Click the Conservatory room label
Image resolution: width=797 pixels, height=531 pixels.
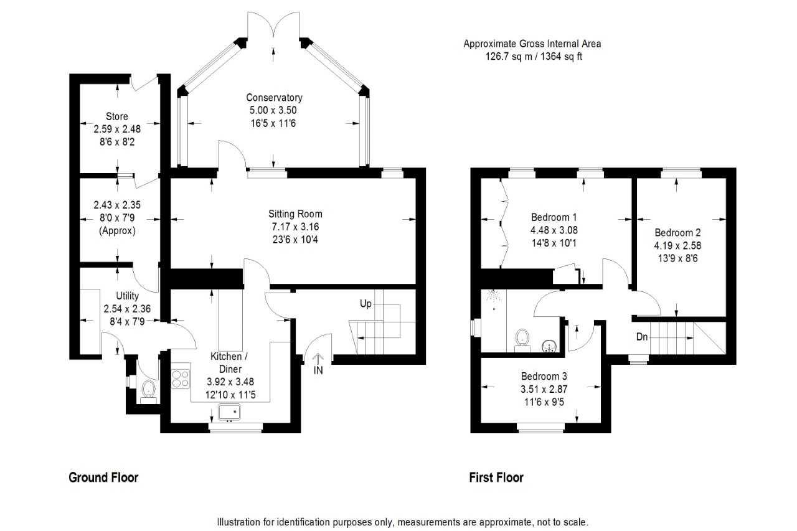click(x=274, y=98)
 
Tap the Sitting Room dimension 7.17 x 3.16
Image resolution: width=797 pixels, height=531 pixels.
click(x=295, y=227)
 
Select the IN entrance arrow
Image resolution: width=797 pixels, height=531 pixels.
click(x=318, y=358)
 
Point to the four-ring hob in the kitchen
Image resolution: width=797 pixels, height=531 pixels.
click(x=181, y=379)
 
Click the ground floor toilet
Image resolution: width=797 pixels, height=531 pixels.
click(x=148, y=392)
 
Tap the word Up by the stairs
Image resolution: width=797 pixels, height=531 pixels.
click(x=365, y=304)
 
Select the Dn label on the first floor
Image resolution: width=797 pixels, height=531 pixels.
click(x=642, y=336)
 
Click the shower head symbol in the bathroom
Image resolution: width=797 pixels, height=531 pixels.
click(x=494, y=295)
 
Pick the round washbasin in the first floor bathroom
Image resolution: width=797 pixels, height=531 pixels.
click(x=549, y=346)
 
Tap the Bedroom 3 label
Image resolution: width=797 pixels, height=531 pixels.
click(x=544, y=376)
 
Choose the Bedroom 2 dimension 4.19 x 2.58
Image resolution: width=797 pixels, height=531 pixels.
click(x=677, y=245)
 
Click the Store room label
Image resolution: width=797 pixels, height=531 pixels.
click(x=117, y=116)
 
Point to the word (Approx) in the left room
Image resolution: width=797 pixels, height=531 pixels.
click(x=117, y=231)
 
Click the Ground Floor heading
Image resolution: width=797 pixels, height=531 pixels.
click(x=103, y=477)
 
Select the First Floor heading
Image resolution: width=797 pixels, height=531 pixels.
click(x=496, y=477)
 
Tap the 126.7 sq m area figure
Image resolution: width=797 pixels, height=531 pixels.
click(x=509, y=57)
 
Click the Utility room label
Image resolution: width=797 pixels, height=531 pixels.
click(x=128, y=296)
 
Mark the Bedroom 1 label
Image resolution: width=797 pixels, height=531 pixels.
click(x=554, y=217)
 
